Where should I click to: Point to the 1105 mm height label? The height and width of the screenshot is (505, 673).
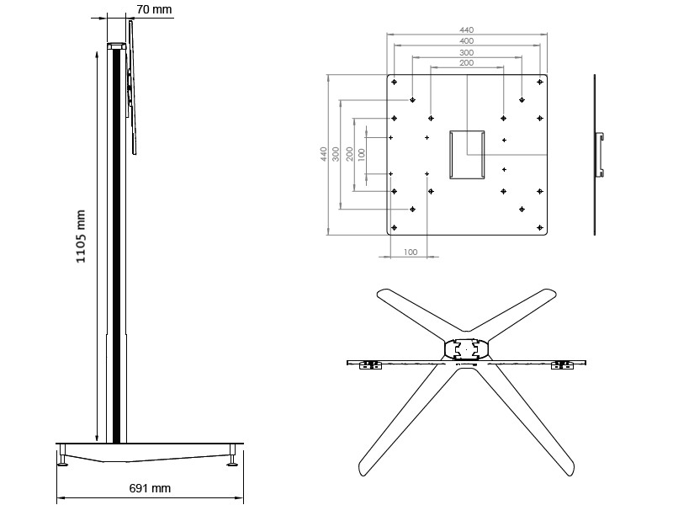click(82, 237)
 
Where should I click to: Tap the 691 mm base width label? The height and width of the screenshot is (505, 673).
click(150, 488)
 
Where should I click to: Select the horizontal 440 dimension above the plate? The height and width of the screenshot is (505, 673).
click(466, 29)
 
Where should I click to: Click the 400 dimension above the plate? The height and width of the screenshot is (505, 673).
click(466, 40)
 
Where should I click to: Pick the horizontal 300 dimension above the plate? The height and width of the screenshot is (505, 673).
click(466, 52)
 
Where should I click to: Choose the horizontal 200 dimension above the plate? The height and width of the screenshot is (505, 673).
click(466, 63)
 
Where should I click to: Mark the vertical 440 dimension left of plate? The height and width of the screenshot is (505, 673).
click(324, 154)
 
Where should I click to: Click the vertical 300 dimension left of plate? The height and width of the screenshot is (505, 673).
click(336, 154)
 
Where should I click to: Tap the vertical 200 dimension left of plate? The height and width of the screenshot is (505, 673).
click(349, 154)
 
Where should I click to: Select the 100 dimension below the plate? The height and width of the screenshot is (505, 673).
click(411, 252)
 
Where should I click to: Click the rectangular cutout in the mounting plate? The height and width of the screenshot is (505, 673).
click(467, 153)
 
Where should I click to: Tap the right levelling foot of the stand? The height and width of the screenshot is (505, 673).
click(231, 460)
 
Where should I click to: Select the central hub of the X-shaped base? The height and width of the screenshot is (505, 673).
click(465, 348)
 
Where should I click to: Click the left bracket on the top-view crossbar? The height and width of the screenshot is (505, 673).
click(368, 365)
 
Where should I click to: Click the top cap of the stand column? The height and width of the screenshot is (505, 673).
click(116, 47)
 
